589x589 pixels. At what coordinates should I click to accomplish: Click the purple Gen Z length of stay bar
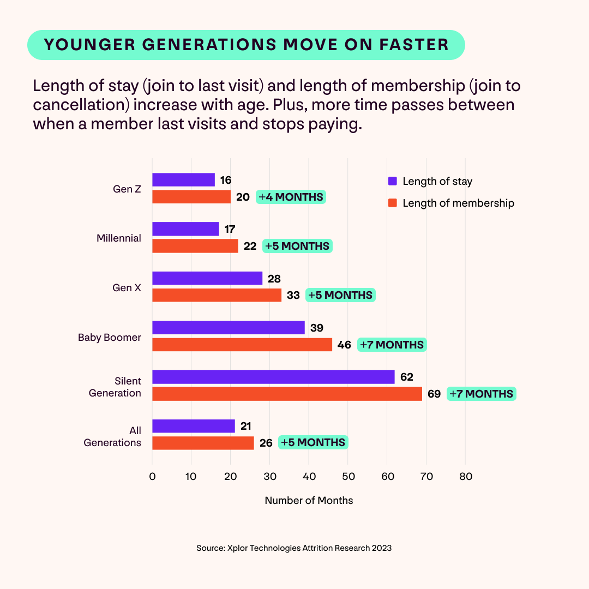pyautogui.click(x=183, y=180)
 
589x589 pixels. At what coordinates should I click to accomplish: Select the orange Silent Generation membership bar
pyautogui.click(x=287, y=394)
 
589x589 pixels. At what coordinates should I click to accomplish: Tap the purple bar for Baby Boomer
pyautogui.click(x=228, y=328)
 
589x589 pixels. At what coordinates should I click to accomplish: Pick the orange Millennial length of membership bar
pyautogui.click(x=195, y=246)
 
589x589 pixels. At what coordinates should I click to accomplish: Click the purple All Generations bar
pyautogui.click(x=193, y=426)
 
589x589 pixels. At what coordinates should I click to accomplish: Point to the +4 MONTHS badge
pyautogui.click(x=291, y=197)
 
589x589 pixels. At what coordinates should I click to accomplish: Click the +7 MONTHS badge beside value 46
pyautogui.click(x=392, y=345)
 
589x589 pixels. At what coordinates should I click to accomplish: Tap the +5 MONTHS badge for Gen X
pyautogui.click(x=340, y=295)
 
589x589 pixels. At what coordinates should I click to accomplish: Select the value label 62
pyautogui.click(x=406, y=377)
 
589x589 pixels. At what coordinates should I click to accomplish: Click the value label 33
pyautogui.click(x=293, y=295)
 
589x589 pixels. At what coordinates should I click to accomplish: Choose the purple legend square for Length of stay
pyautogui.click(x=392, y=182)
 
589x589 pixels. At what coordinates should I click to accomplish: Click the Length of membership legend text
pyautogui.click(x=458, y=203)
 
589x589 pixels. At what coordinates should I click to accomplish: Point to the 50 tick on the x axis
pyautogui.click(x=348, y=476)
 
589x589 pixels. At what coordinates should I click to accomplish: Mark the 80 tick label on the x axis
pyautogui.click(x=465, y=476)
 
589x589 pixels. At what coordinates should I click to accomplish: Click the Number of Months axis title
pyautogui.click(x=309, y=501)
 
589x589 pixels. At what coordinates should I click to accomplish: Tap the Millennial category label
pyautogui.click(x=119, y=238)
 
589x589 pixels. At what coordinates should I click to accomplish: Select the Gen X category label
pyautogui.click(x=127, y=287)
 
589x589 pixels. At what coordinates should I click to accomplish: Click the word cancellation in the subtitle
pyautogui.click(x=74, y=105)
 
